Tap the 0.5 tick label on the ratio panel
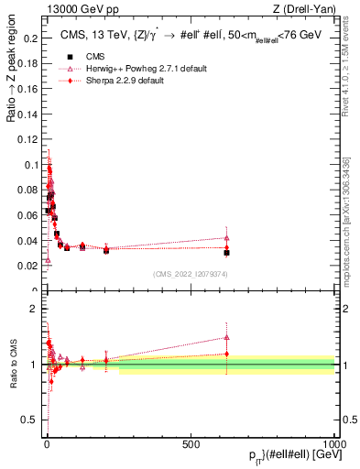[x=27, y=420]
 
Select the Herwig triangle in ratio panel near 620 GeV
[x=226, y=337]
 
